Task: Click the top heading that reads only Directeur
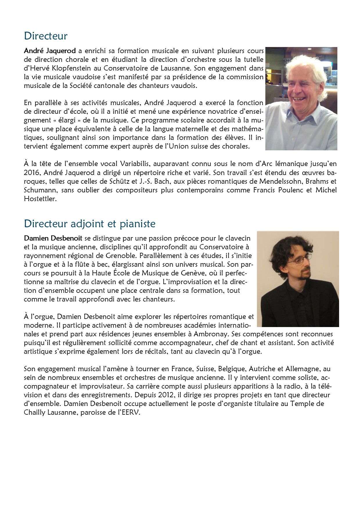tap(46, 36)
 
